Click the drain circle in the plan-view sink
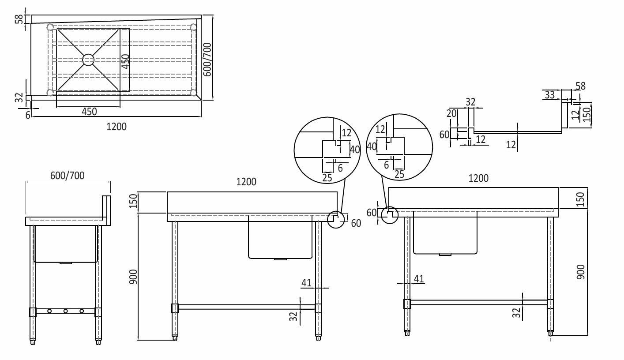tap(89, 60)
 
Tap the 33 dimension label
tap(549, 94)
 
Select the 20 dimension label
tap(451, 113)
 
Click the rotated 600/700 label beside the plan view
tap(207, 60)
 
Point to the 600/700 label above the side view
tap(68, 175)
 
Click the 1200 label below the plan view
tap(117, 127)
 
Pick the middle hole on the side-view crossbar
tap(65, 311)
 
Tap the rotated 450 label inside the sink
tap(126, 61)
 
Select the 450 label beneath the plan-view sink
tap(89, 112)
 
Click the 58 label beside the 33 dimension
tap(580, 86)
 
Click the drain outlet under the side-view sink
tap(65, 263)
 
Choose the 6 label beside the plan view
tap(28, 115)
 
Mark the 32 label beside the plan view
tap(19, 97)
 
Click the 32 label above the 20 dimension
tap(470, 101)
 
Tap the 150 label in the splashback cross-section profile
tap(586, 115)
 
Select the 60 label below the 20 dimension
tap(444, 134)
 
